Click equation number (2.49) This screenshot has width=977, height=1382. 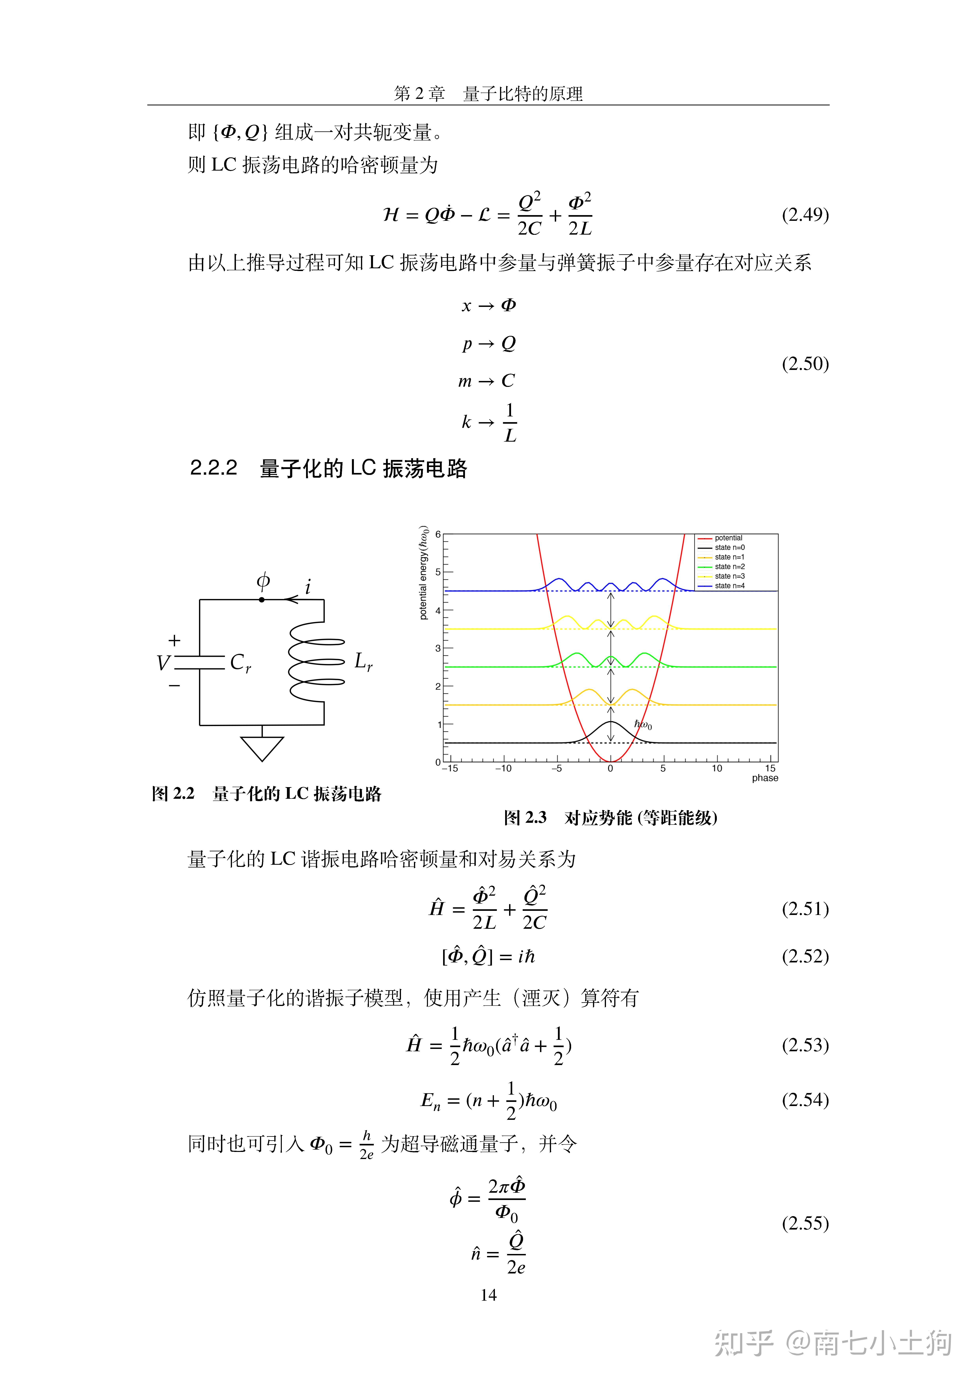pyautogui.click(x=805, y=215)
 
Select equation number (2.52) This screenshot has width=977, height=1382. pyautogui.click(x=805, y=957)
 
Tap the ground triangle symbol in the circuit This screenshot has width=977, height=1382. pyautogui.click(x=262, y=748)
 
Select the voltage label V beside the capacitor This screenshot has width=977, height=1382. pyautogui.click(x=162, y=663)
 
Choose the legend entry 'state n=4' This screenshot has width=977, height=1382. pyautogui.click(x=730, y=586)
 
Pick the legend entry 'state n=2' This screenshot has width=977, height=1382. pyautogui.click(x=730, y=566)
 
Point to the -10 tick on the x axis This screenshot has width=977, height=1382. pyautogui.click(x=503, y=769)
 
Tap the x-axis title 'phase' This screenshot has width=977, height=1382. pyautogui.click(x=765, y=778)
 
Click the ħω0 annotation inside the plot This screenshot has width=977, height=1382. pyautogui.click(x=643, y=725)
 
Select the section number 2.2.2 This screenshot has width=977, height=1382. pyautogui.click(x=214, y=468)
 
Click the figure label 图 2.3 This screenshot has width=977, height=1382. pyautogui.click(x=525, y=817)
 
